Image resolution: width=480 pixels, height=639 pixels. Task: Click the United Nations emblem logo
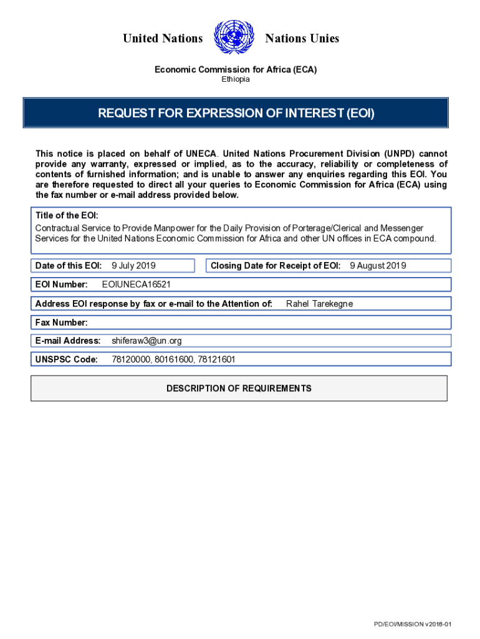pos(234,38)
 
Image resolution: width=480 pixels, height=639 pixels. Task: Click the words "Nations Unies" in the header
pos(302,39)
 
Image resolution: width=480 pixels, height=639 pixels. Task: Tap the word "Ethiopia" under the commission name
pos(236,80)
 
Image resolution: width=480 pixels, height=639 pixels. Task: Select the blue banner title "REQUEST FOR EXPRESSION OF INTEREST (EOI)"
pos(236,114)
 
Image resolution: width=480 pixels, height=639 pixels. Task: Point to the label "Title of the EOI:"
pos(67,215)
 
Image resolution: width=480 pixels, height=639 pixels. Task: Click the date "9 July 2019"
pos(133,266)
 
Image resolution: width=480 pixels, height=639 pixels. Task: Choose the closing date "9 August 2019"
pos(378,266)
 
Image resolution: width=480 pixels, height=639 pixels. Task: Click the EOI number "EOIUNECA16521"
pos(136,285)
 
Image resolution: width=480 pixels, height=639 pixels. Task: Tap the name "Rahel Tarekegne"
pos(319,304)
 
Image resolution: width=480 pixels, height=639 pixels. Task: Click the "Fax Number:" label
pos(61,323)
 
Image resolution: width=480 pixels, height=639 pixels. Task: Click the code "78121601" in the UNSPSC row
pos(216,359)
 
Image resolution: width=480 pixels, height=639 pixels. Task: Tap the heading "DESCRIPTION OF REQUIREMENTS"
pos(239,388)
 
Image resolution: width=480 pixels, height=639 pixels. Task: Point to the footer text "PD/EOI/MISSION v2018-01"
pos(412,625)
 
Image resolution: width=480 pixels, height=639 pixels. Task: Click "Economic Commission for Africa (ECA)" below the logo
pos(236,70)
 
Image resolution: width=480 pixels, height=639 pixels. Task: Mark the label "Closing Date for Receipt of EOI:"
pos(276,266)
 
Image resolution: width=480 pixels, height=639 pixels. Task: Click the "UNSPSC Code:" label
pos(67,359)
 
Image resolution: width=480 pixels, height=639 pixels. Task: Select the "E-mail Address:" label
pos(68,341)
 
